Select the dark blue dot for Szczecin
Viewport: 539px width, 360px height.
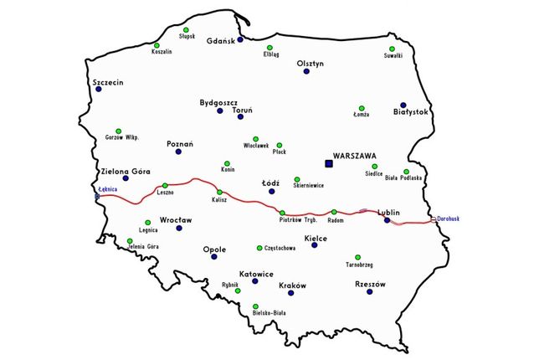pyautogui.click(x=98, y=90)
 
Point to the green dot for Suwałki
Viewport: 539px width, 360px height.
pyautogui.click(x=394, y=47)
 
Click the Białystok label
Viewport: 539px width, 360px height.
pyautogui.click(x=410, y=111)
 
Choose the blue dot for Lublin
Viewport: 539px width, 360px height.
pyautogui.click(x=387, y=221)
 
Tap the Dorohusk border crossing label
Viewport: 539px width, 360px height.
pyautogui.click(x=449, y=219)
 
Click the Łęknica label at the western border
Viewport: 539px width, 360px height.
pyautogui.click(x=107, y=189)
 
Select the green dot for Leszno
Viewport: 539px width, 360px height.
pyautogui.click(x=165, y=185)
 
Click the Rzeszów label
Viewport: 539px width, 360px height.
pyautogui.click(x=370, y=284)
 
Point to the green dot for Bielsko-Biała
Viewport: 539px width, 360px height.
pyautogui.click(x=255, y=305)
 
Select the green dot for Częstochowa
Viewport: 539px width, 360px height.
pyautogui.click(x=259, y=248)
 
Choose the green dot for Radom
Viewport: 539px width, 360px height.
pyautogui.click(x=334, y=212)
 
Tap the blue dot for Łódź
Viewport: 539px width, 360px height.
pyautogui.click(x=271, y=192)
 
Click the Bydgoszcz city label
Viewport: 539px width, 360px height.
pyautogui.click(x=219, y=103)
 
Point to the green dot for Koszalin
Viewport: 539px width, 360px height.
pyautogui.click(x=157, y=45)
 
